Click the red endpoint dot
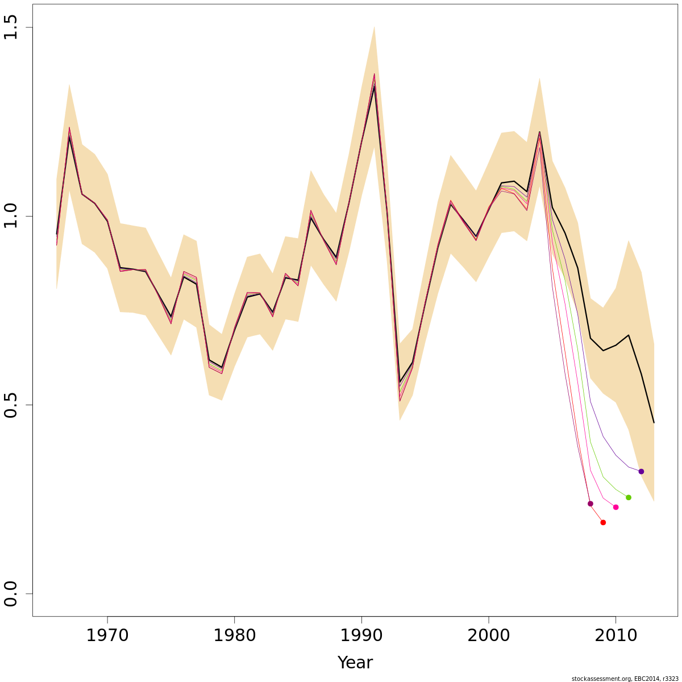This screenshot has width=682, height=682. pos(603,522)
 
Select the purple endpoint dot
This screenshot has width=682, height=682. pos(641,471)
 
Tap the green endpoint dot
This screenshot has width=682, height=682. pos(629,497)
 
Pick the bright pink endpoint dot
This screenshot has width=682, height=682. pos(616,507)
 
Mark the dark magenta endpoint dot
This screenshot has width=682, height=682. pos(590,504)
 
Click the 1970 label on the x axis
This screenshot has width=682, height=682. pos(107,635)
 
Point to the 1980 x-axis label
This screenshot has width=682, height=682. pos(234,635)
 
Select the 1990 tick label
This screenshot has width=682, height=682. pos(361,635)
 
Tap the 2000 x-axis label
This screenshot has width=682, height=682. pos(488,635)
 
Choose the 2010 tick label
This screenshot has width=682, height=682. pos(616,635)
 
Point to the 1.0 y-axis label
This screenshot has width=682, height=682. pos(12,216)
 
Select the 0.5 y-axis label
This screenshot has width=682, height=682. pos(12,405)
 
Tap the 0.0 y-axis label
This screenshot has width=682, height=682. pos(12,593)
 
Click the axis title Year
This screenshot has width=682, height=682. pos(355,663)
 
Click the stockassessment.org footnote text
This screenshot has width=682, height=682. pos(625,678)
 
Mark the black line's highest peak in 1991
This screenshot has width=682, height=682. pos(374,86)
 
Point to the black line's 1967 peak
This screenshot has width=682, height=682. pos(69,137)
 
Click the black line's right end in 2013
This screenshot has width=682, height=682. pos(654,422)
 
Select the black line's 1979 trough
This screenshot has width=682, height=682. pos(222,368)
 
